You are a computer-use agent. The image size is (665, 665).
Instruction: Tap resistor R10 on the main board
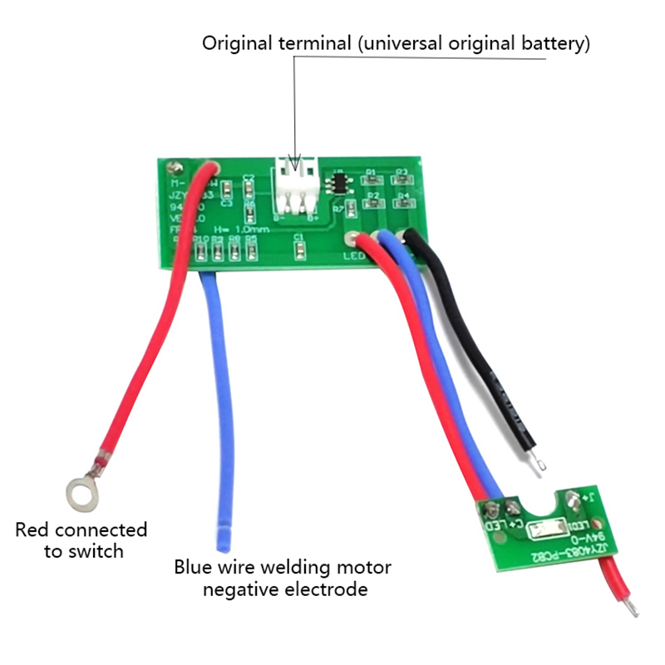[199, 249]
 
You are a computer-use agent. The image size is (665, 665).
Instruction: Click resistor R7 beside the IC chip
[352, 208]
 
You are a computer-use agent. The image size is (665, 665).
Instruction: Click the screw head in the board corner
[175, 167]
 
